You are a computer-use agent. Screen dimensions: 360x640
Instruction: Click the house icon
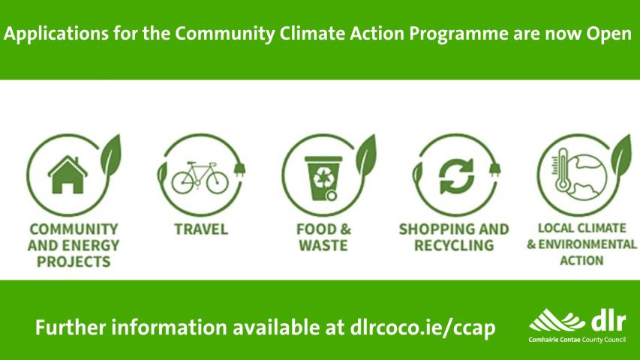coord(67,175)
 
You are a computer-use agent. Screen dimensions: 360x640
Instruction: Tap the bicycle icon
coord(200,178)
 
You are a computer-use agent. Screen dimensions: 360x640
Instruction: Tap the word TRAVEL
coord(200,229)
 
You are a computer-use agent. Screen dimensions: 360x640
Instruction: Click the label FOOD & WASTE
coord(323,237)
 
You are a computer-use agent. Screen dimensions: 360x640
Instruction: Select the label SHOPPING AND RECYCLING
coord(453,237)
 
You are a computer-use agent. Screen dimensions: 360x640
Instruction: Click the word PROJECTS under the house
coord(74,262)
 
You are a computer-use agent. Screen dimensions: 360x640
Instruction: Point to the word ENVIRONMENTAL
coord(587,244)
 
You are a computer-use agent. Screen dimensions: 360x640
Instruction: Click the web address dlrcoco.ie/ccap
coord(422,328)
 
